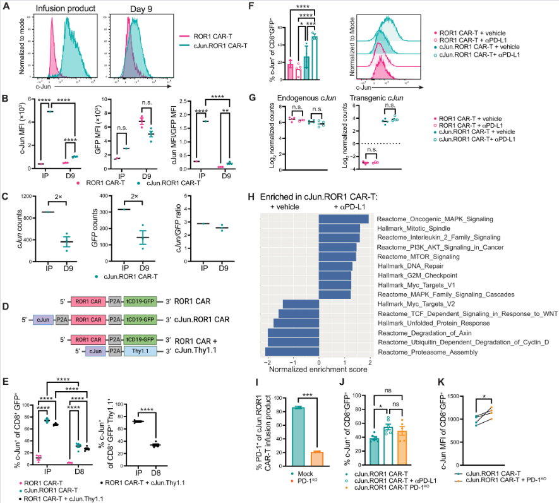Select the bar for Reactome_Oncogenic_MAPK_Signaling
tap(344, 219)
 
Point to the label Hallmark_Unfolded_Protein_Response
tap(427, 322)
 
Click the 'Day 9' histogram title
tap(128, 8)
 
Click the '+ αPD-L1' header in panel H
tap(347, 206)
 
